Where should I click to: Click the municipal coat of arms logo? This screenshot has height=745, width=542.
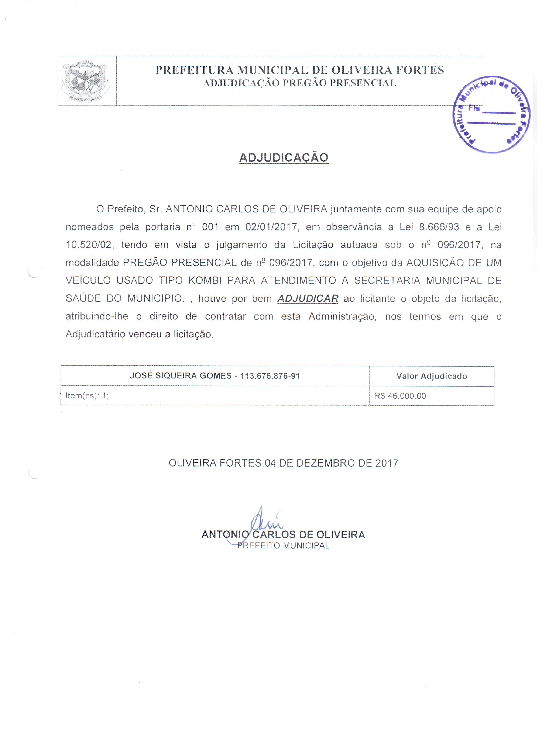pyautogui.click(x=86, y=81)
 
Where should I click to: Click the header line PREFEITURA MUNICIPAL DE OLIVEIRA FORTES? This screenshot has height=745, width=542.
pyautogui.click(x=299, y=70)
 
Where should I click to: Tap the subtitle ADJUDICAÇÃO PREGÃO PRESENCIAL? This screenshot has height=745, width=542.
pyautogui.click(x=299, y=83)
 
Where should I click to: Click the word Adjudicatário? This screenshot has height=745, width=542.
pyautogui.click(x=95, y=334)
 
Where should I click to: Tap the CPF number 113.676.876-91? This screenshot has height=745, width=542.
pyautogui.click(x=270, y=376)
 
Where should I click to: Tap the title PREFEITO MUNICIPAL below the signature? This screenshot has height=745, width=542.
pyautogui.click(x=283, y=546)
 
